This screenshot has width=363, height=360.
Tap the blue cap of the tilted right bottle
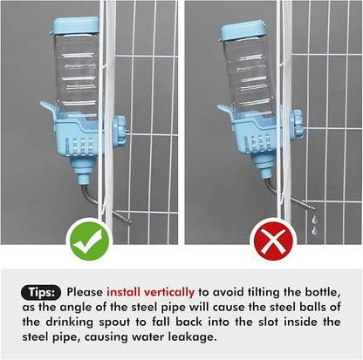click(240, 32)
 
